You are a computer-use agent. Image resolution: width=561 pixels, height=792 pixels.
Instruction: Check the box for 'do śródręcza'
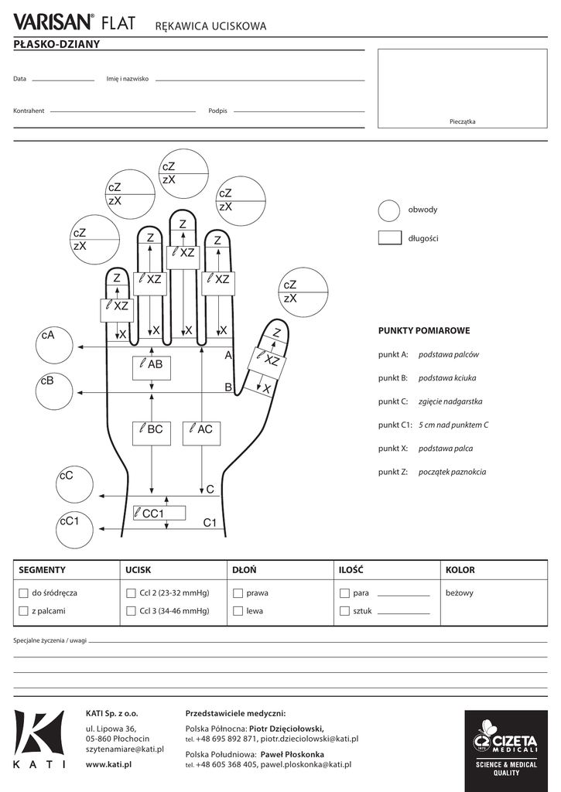[x=23, y=593]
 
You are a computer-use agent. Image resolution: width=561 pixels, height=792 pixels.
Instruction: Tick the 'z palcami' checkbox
[x=23, y=611]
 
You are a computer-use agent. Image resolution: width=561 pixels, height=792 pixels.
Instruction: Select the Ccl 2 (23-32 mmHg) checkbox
[x=131, y=593]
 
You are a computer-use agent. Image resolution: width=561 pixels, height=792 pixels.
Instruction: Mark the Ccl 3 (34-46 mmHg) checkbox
[x=131, y=611]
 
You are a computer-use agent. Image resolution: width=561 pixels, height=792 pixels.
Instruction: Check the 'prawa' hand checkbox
[x=238, y=593]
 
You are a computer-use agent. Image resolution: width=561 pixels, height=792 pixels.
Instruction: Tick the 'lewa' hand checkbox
[x=238, y=611]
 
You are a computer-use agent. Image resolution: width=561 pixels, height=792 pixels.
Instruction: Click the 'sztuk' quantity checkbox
[x=344, y=611]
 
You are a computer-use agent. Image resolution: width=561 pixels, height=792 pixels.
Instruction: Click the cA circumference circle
[x=54, y=346]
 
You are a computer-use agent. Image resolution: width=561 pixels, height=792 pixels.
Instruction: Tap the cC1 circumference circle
[x=75, y=529]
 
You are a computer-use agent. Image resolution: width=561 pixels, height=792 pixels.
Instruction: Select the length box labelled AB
[x=152, y=367]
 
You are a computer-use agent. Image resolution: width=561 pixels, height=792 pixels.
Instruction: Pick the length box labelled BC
[x=152, y=433]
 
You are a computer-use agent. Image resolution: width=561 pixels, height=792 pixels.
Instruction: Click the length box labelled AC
[x=202, y=433]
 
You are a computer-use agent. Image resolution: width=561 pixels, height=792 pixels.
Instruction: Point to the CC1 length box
[x=159, y=514]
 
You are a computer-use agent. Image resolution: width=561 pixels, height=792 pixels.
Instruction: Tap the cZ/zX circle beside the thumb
[x=303, y=292]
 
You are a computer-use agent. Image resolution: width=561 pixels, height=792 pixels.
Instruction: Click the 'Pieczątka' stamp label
[x=463, y=121]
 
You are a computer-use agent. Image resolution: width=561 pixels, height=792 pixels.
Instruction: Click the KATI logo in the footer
[x=39, y=739]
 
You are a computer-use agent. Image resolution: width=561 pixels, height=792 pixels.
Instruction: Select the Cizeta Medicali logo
[x=506, y=747]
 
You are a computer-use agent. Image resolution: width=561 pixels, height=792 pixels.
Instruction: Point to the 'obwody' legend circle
[x=389, y=210]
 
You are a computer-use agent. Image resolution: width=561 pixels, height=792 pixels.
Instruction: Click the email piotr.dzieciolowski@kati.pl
[x=310, y=739]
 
